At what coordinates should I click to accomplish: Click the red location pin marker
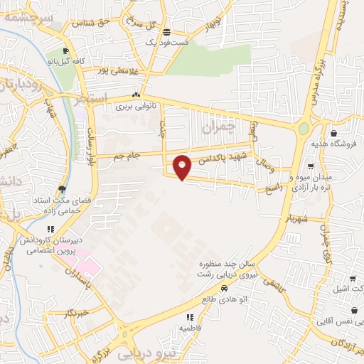(183, 168)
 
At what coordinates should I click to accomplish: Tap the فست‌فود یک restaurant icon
(166, 32)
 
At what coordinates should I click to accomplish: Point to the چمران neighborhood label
(217, 128)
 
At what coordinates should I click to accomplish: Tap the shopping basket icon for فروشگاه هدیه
(333, 132)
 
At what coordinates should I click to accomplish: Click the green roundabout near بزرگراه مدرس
(304, 129)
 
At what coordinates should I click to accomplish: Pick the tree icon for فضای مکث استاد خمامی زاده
(62, 189)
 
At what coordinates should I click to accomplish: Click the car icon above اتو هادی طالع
(225, 288)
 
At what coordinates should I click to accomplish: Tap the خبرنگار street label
(75, 314)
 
